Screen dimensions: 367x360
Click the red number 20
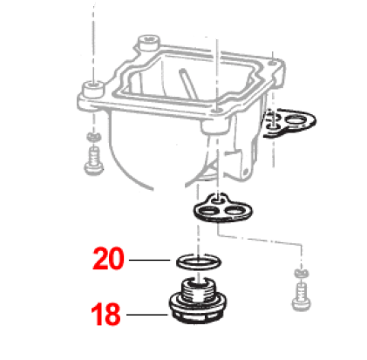[108, 258]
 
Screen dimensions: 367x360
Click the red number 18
[105, 314]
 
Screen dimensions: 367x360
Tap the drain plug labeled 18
[198, 302]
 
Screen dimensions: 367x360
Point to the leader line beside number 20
[149, 260]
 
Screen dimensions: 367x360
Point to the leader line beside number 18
[147, 315]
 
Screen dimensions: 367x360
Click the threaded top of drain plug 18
[198, 289]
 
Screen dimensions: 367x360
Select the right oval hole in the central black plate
[235, 211]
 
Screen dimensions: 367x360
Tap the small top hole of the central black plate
[216, 200]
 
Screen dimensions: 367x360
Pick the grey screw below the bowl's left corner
[93, 161]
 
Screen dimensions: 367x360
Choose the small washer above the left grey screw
[93, 136]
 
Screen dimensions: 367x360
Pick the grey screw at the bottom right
[301, 297]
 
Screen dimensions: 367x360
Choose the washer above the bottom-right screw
[302, 273]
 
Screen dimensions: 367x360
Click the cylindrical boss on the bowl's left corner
[93, 89]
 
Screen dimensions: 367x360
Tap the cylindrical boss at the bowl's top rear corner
[149, 43]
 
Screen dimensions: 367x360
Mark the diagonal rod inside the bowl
[187, 82]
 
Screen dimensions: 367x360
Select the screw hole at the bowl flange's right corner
[272, 63]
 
